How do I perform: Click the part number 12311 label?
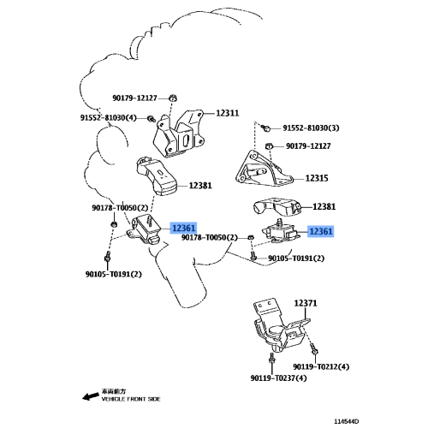click(227, 112)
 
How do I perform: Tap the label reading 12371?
click(306, 303)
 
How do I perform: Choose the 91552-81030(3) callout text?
click(312, 128)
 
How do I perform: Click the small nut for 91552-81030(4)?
click(152, 117)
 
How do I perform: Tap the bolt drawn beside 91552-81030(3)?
click(267, 128)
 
